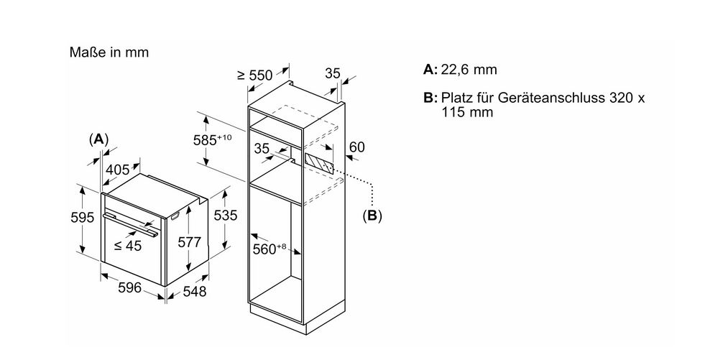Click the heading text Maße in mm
click(x=109, y=52)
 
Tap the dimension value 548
click(x=193, y=291)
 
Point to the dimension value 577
click(x=188, y=242)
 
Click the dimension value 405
click(x=117, y=170)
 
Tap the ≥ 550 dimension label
click(x=255, y=75)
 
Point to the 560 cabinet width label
click(x=270, y=249)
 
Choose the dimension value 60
click(x=356, y=147)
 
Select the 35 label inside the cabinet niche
click(x=262, y=148)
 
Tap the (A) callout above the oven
click(x=98, y=139)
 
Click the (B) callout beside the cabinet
click(x=372, y=214)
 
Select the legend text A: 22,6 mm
click(x=460, y=70)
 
